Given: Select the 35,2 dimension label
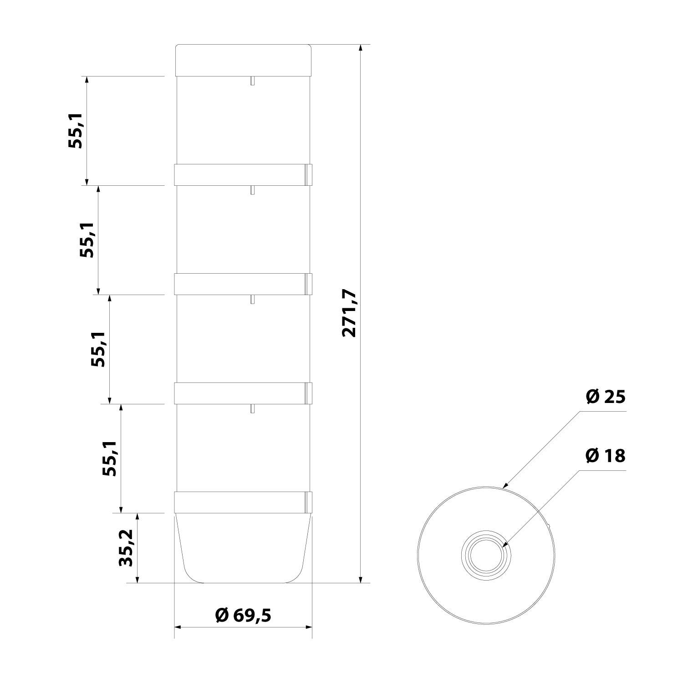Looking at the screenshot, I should (126, 548).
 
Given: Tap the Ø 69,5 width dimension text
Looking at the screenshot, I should (243, 616).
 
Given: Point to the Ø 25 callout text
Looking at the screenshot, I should (606, 397).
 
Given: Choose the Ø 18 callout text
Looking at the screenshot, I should (606, 455).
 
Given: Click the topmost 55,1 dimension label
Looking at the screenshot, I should (76, 130).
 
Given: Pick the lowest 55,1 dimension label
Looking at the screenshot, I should (110, 458).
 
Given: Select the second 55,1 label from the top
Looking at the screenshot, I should (87, 240).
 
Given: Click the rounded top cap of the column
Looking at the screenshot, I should (244, 60).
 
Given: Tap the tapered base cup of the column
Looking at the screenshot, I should (244, 549).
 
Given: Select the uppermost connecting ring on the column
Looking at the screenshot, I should (244, 175).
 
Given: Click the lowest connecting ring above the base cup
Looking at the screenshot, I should (244, 503).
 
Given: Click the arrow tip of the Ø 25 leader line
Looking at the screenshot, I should (504, 487).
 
